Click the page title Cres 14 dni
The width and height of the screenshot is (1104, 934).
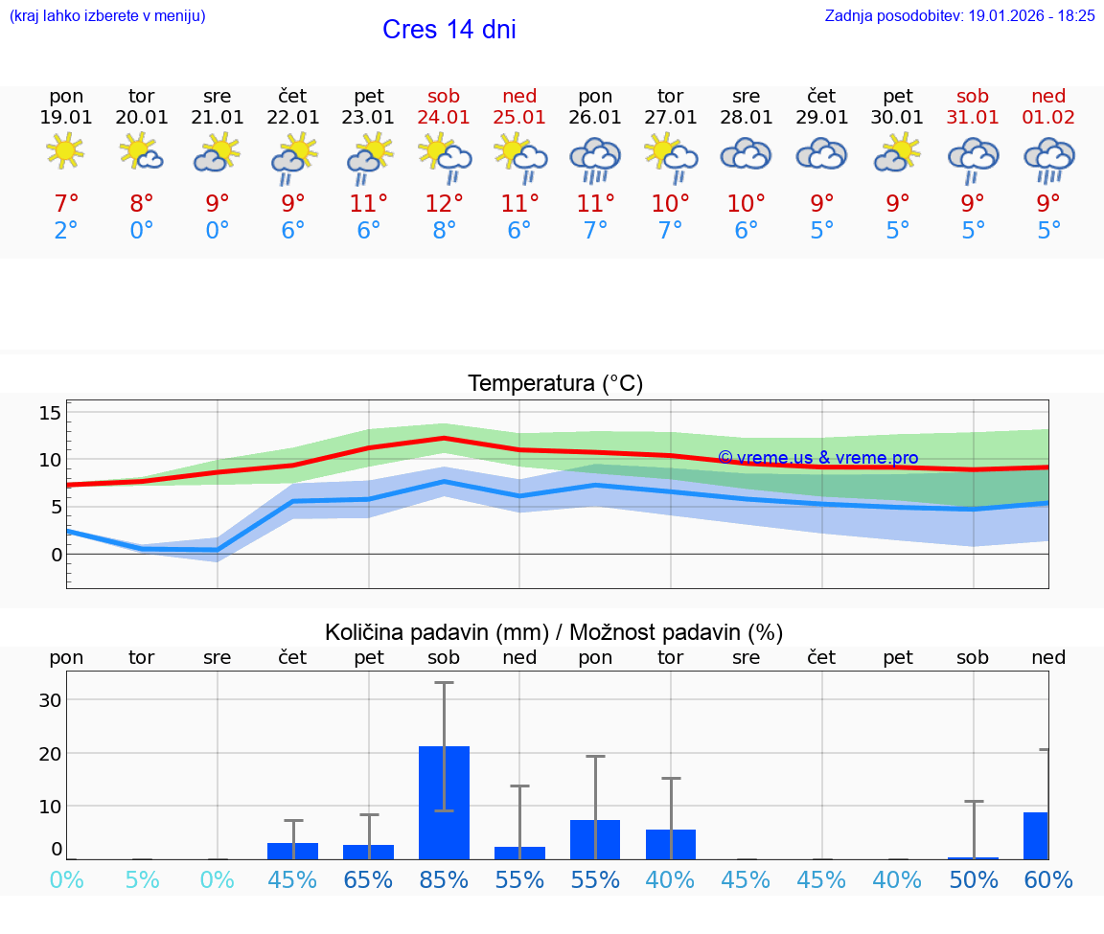(x=448, y=30)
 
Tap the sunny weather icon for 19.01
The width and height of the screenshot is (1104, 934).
(x=65, y=150)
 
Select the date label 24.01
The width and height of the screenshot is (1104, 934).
(x=444, y=118)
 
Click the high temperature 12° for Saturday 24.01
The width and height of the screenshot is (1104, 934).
(x=444, y=203)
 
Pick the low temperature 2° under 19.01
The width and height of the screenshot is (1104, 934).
(x=65, y=231)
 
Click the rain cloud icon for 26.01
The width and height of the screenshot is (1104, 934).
(x=595, y=159)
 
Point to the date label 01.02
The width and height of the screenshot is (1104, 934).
(x=1048, y=118)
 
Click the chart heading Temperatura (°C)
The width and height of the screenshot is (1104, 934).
(x=555, y=384)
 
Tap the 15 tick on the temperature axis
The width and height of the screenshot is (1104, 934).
(x=50, y=413)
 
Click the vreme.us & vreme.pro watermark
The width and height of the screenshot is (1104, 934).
(x=817, y=458)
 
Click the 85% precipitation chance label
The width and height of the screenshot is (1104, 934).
(x=444, y=879)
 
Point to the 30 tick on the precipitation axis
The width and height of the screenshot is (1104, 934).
(x=50, y=699)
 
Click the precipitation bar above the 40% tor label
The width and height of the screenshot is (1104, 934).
(x=671, y=844)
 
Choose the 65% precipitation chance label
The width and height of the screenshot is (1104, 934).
(x=368, y=879)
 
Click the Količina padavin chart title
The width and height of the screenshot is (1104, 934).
(x=554, y=632)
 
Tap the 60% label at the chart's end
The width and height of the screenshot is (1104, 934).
(x=1048, y=879)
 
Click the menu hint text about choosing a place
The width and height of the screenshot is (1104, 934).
(x=106, y=16)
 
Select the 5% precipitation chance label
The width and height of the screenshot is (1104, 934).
(x=142, y=879)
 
